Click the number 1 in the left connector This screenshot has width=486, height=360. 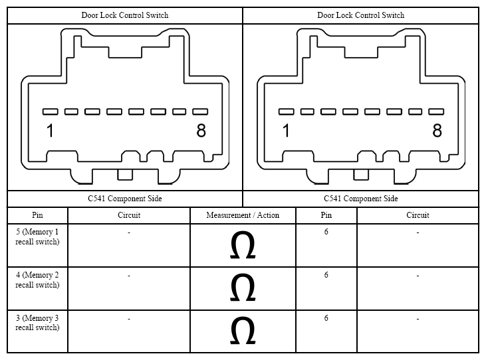[x=50, y=130]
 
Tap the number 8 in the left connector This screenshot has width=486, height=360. [x=201, y=130]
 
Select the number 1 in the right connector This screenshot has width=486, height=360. [x=286, y=130]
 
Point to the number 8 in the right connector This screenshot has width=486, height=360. [x=437, y=130]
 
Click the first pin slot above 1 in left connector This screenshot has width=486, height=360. [x=51, y=112]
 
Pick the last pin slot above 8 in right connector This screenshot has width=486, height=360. [x=436, y=112]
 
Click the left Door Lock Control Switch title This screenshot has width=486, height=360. [x=125, y=15]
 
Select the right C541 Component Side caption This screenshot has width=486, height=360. [x=361, y=199]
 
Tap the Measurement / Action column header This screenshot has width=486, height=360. [x=243, y=215]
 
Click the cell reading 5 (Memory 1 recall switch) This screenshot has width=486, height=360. [x=37, y=237]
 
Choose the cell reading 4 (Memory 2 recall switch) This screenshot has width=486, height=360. [x=37, y=280]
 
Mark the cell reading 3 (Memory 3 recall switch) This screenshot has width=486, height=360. [x=37, y=323]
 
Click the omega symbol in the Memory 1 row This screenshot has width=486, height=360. [x=243, y=245]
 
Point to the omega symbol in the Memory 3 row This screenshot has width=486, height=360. [x=243, y=330]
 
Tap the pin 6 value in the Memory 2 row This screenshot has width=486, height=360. [x=326, y=275]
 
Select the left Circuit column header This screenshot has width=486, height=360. [x=129, y=215]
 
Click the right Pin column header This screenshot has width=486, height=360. [x=326, y=215]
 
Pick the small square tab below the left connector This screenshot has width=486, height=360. [x=125, y=175]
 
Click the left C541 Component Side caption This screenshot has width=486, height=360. [x=125, y=199]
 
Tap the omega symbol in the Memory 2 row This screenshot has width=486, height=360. [x=243, y=287]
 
